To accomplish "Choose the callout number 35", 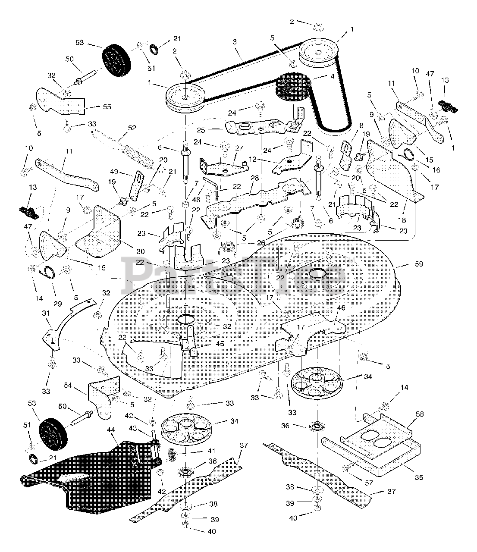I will [x=418, y=477].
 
